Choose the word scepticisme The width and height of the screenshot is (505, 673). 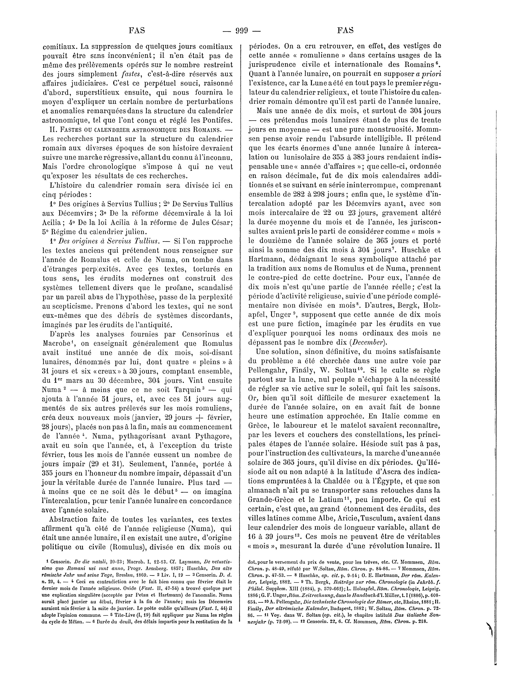pos(73,306)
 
